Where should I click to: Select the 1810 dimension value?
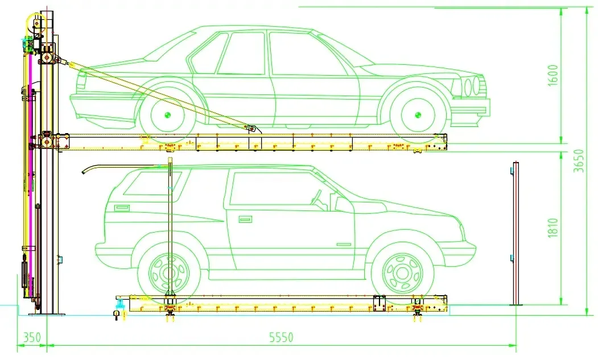[x=553, y=228]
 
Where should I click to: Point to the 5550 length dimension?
[x=281, y=337]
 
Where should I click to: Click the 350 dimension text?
[x=32, y=337]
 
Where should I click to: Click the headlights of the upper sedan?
[x=472, y=87]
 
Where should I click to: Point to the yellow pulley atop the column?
[x=36, y=24]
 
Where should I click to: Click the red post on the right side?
[x=515, y=233]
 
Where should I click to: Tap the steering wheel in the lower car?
[x=319, y=197]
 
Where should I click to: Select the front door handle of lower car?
[x=245, y=219]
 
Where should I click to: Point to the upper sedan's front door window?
[x=294, y=54]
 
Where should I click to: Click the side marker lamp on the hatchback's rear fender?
[x=121, y=208]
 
